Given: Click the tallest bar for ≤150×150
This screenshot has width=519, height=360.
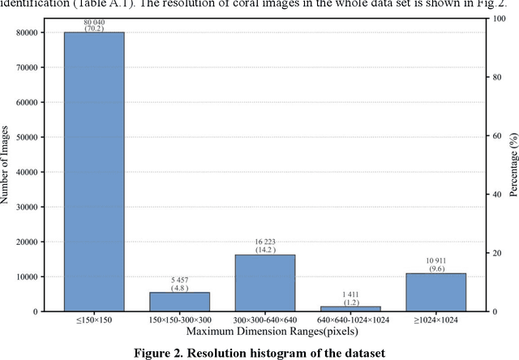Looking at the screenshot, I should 93,171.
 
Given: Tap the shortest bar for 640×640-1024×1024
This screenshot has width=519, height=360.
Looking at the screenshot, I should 350,308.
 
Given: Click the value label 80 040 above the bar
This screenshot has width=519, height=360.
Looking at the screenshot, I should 93,22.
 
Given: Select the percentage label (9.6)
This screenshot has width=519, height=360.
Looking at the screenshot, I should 436,268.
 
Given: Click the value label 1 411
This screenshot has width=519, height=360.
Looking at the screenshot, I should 350,294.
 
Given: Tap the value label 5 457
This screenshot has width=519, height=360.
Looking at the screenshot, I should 179,280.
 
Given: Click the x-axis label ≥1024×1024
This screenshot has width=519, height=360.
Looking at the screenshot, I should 436,322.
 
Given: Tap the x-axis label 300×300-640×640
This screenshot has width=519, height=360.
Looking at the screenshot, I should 265,322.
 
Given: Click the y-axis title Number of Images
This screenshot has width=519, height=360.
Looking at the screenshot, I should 7,164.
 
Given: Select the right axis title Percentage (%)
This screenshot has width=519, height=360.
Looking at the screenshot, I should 513,164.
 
